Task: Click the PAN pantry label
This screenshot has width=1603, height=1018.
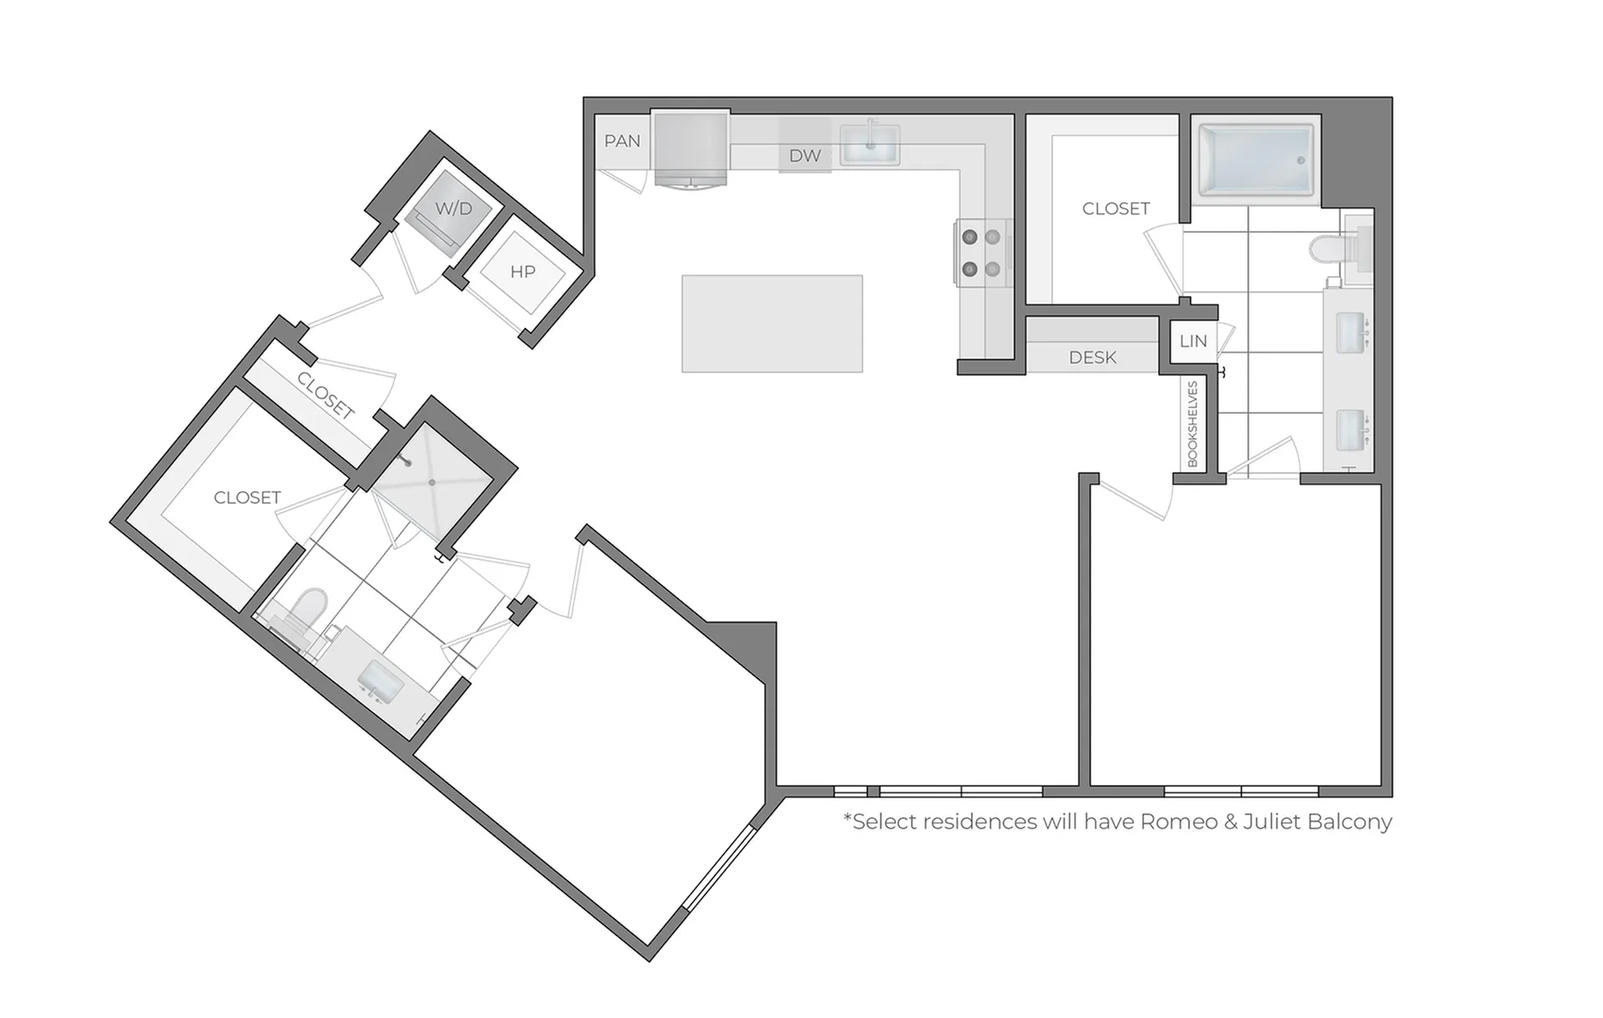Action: [622, 141]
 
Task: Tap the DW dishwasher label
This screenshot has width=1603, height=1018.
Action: [805, 155]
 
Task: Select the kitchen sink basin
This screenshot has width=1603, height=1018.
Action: [869, 144]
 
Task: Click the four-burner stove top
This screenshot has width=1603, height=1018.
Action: [982, 254]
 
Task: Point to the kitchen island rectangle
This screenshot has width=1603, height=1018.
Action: [772, 324]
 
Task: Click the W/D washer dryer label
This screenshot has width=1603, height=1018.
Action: [453, 209]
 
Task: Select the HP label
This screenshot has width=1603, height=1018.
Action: [523, 271]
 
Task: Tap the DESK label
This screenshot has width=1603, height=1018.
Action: [1092, 357]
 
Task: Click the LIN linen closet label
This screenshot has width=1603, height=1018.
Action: [1193, 341]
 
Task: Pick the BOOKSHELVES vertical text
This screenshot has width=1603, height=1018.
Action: [1192, 424]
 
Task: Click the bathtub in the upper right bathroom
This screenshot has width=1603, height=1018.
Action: [1256, 161]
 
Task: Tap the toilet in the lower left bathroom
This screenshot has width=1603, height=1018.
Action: [301, 616]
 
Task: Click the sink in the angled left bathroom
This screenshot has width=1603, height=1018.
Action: [382, 678]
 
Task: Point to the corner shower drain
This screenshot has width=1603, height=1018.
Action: [432, 482]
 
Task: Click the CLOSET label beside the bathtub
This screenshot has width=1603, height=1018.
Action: [1115, 209]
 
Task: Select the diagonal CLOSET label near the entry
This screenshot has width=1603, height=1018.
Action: [326, 396]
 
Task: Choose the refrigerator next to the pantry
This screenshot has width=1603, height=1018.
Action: [690, 149]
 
